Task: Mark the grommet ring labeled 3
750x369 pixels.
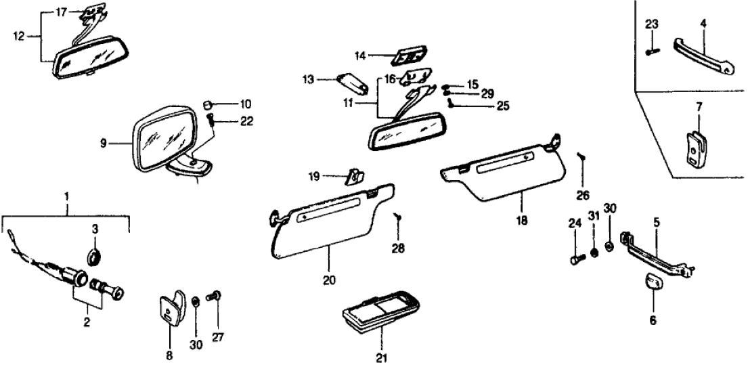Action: click(x=94, y=257)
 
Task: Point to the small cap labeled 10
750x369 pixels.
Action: click(x=209, y=104)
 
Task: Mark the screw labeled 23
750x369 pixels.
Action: click(x=650, y=51)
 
